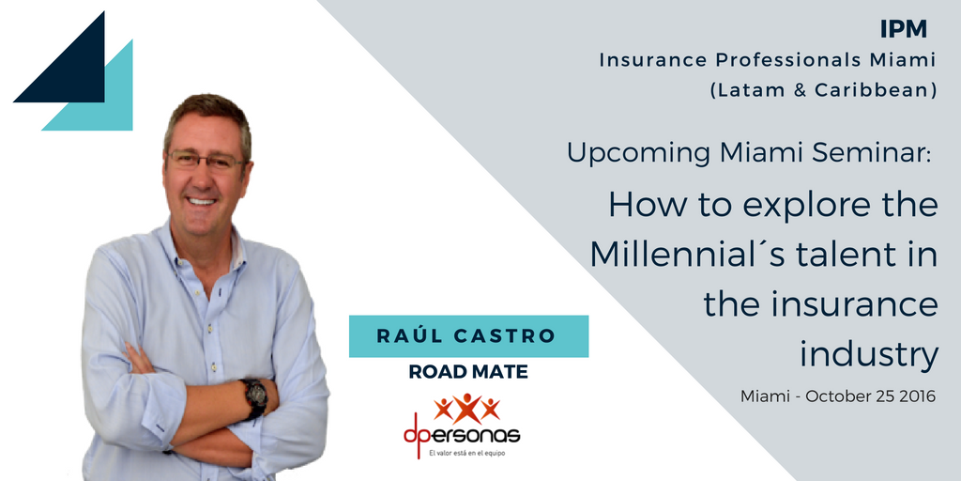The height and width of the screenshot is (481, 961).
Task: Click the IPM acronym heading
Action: tap(903, 29)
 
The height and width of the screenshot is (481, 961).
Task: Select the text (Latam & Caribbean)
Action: tap(824, 91)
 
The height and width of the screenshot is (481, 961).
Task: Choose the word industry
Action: tap(869, 354)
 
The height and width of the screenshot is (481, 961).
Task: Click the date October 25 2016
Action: tap(870, 396)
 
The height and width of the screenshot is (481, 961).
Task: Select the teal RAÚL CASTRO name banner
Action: tap(469, 336)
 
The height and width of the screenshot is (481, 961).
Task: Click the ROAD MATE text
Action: tap(468, 372)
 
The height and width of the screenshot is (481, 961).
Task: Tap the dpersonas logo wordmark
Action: tap(462, 434)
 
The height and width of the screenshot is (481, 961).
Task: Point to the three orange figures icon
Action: tap(467, 408)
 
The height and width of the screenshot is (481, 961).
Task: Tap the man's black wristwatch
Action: tap(253, 398)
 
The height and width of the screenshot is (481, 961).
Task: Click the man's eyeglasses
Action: tap(206, 161)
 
